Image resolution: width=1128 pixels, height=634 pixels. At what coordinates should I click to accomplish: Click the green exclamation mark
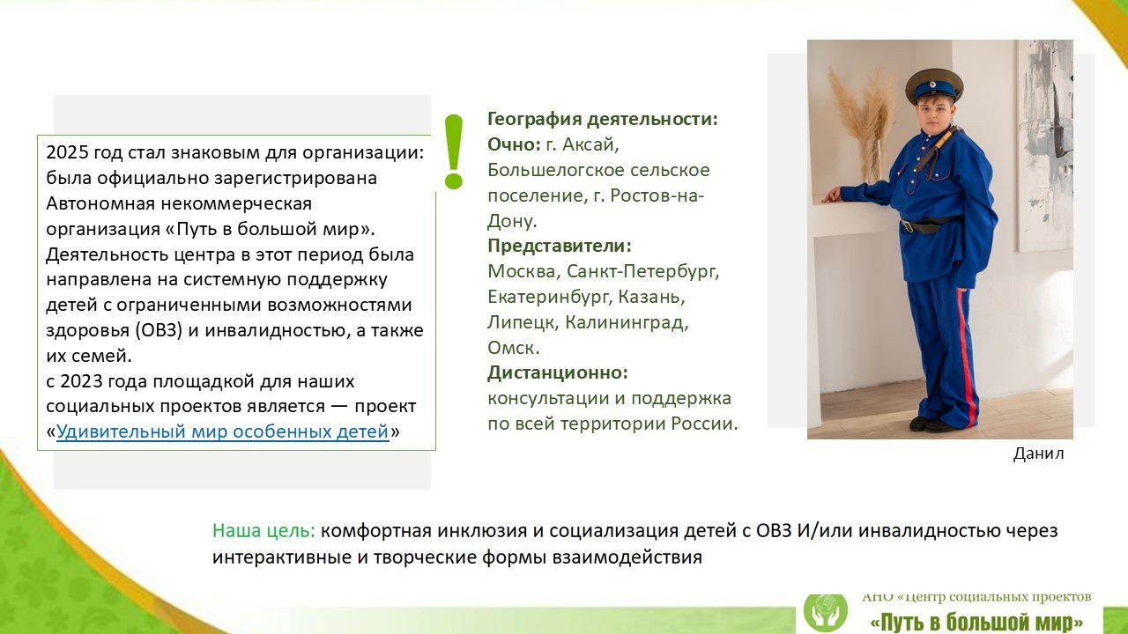pyautogui.click(x=454, y=152)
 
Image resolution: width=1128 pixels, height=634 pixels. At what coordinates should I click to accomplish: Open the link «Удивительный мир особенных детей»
pyautogui.click(x=222, y=431)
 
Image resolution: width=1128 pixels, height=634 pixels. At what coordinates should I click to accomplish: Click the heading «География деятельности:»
pyautogui.click(x=603, y=119)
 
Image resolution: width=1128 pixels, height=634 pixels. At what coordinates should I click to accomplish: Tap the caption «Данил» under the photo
pyautogui.click(x=1038, y=453)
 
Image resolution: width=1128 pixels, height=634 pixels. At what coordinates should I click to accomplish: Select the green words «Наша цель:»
pyautogui.click(x=263, y=531)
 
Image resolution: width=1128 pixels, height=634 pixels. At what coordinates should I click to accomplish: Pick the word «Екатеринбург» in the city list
pyautogui.click(x=547, y=297)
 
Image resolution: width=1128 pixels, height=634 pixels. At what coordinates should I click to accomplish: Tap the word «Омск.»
pyautogui.click(x=514, y=348)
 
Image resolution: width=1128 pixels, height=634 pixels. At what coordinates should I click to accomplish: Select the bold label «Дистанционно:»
pyautogui.click(x=557, y=372)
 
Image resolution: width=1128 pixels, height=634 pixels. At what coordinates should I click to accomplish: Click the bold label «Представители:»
pyautogui.click(x=560, y=246)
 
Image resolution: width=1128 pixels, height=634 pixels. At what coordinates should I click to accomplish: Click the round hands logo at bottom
pyautogui.click(x=826, y=612)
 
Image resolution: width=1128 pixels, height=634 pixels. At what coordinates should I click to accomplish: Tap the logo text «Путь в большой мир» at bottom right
pyautogui.click(x=976, y=622)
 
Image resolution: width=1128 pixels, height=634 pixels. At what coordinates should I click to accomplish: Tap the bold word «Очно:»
pyautogui.click(x=514, y=144)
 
